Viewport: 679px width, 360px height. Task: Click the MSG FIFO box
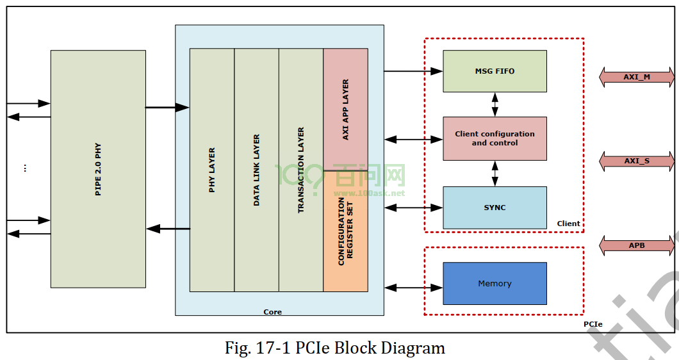point(495,71)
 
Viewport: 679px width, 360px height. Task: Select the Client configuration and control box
point(495,138)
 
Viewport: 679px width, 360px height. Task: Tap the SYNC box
point(495,208)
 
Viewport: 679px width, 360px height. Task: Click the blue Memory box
point(495,283)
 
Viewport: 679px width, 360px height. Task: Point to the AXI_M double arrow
point(637,77)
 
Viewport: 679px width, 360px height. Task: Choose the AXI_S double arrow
point(637,161)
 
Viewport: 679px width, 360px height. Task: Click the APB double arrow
point(637,245)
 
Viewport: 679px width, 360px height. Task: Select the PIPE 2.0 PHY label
point(98,169)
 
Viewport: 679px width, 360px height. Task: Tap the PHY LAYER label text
point(212,170)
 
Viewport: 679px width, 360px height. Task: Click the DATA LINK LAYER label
point(256,170)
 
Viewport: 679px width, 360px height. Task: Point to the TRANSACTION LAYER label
point(301,170)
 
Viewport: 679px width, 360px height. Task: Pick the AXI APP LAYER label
point(345,110)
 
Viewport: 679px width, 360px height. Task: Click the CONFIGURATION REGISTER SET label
point(345,231)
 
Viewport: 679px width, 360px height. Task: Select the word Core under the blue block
point(272,312)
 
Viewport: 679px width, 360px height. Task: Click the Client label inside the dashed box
point(568,224)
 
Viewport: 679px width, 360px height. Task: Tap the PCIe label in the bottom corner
point(593,324)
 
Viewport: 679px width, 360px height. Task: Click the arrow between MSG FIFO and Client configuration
point(495,104)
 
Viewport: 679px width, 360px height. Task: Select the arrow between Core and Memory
point(414,287)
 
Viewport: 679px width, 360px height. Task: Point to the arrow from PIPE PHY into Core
point(167,107)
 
